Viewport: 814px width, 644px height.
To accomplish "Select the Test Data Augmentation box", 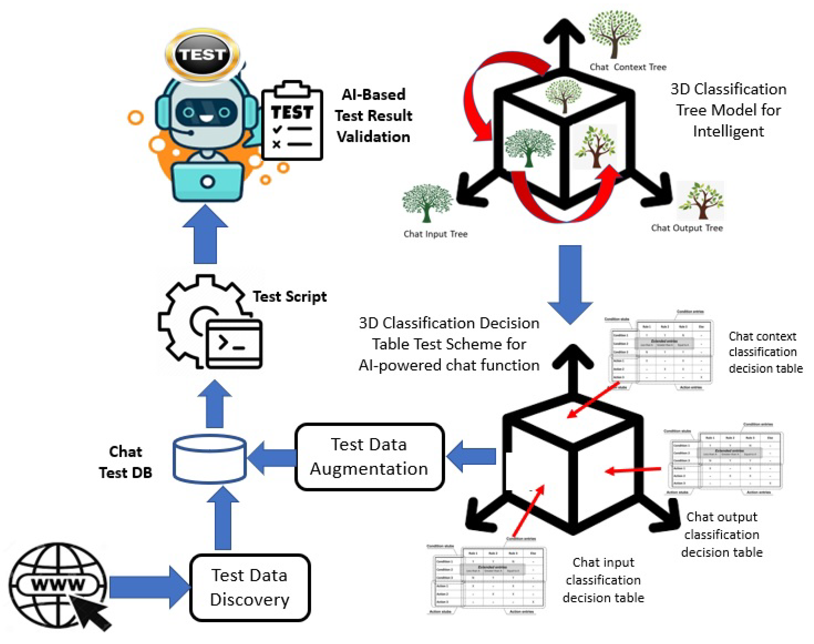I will (369, 457).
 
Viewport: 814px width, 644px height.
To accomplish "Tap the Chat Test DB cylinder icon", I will (209, 459).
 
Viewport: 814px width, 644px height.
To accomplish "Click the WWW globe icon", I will (57, 585).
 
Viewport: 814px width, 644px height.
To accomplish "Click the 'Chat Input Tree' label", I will (435, 234).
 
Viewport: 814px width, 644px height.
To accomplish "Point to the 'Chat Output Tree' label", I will (687, 228).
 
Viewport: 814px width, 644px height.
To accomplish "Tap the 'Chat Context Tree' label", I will (628, 67).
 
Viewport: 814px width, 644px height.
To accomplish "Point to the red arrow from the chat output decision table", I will (633, 470).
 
